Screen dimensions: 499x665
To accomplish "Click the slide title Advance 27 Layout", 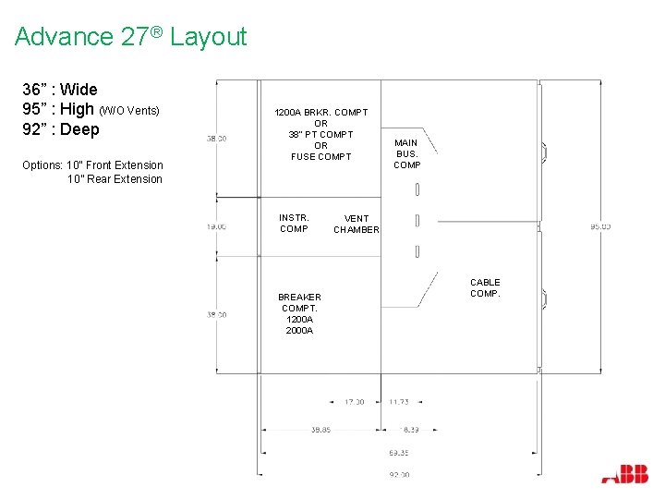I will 131,37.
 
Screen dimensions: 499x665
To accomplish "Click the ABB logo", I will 624,475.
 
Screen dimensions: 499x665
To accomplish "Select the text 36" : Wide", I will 60,90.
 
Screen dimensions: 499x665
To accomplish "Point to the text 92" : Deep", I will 61,129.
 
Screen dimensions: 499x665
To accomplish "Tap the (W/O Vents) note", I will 129,111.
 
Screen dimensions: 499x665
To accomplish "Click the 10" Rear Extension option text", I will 115,179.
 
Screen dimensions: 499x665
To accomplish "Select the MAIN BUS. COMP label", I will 406,153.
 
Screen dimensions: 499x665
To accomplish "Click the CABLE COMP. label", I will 485,287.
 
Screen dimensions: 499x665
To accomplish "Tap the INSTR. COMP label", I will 294,223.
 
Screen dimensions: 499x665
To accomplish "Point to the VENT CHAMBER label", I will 356,225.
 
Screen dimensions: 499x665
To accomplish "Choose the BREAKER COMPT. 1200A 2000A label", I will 299,313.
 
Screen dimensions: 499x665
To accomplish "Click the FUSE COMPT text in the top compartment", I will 320,156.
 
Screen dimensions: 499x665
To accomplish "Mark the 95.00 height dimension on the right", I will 600,226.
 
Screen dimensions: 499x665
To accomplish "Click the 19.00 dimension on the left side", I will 217,225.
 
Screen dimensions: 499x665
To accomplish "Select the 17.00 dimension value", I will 354,402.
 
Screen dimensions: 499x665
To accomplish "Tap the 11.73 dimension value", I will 398,402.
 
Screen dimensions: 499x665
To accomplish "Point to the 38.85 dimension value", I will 320,430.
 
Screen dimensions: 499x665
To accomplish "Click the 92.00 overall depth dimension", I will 399,474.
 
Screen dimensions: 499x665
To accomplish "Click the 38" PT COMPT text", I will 320,134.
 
